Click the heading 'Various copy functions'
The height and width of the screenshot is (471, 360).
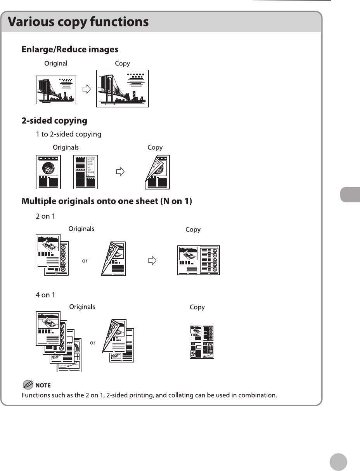tap(78, 22)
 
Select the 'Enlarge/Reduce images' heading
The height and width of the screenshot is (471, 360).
tap(70, 50)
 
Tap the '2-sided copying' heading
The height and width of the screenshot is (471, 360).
tap(54, 121)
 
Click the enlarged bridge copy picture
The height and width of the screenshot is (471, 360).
tap(123, 88)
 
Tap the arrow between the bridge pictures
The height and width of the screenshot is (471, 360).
tap(87, 89)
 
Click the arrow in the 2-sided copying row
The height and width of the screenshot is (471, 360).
tap(121, 172)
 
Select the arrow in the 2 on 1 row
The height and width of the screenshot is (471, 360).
tap(153, 261)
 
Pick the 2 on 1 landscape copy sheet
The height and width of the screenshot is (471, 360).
tap(199, 261)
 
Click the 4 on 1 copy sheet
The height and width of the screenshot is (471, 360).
tap(202, 342)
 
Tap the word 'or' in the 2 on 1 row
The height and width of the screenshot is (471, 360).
tap(85, 261)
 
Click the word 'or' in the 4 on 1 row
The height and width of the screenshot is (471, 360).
tap(93, 343)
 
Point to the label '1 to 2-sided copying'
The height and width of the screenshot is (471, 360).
tap(69, 135)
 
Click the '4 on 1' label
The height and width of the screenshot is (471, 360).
tap(45, 295)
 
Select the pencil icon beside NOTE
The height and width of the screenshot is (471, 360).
tap(28, 385)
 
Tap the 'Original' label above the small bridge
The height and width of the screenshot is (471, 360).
tap(56, 64)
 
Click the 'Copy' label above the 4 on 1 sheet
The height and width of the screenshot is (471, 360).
tap(197, 307)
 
